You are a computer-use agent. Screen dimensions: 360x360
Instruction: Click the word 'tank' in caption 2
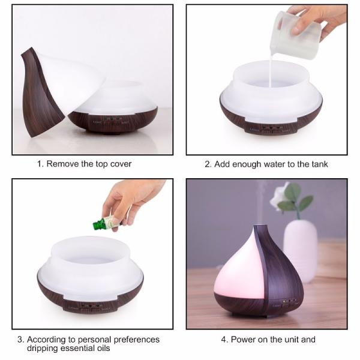320,164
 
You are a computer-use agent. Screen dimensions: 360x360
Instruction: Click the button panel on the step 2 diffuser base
271,128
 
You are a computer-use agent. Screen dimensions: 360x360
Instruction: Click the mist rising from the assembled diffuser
262,202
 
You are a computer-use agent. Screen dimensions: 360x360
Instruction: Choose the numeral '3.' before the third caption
20,340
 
